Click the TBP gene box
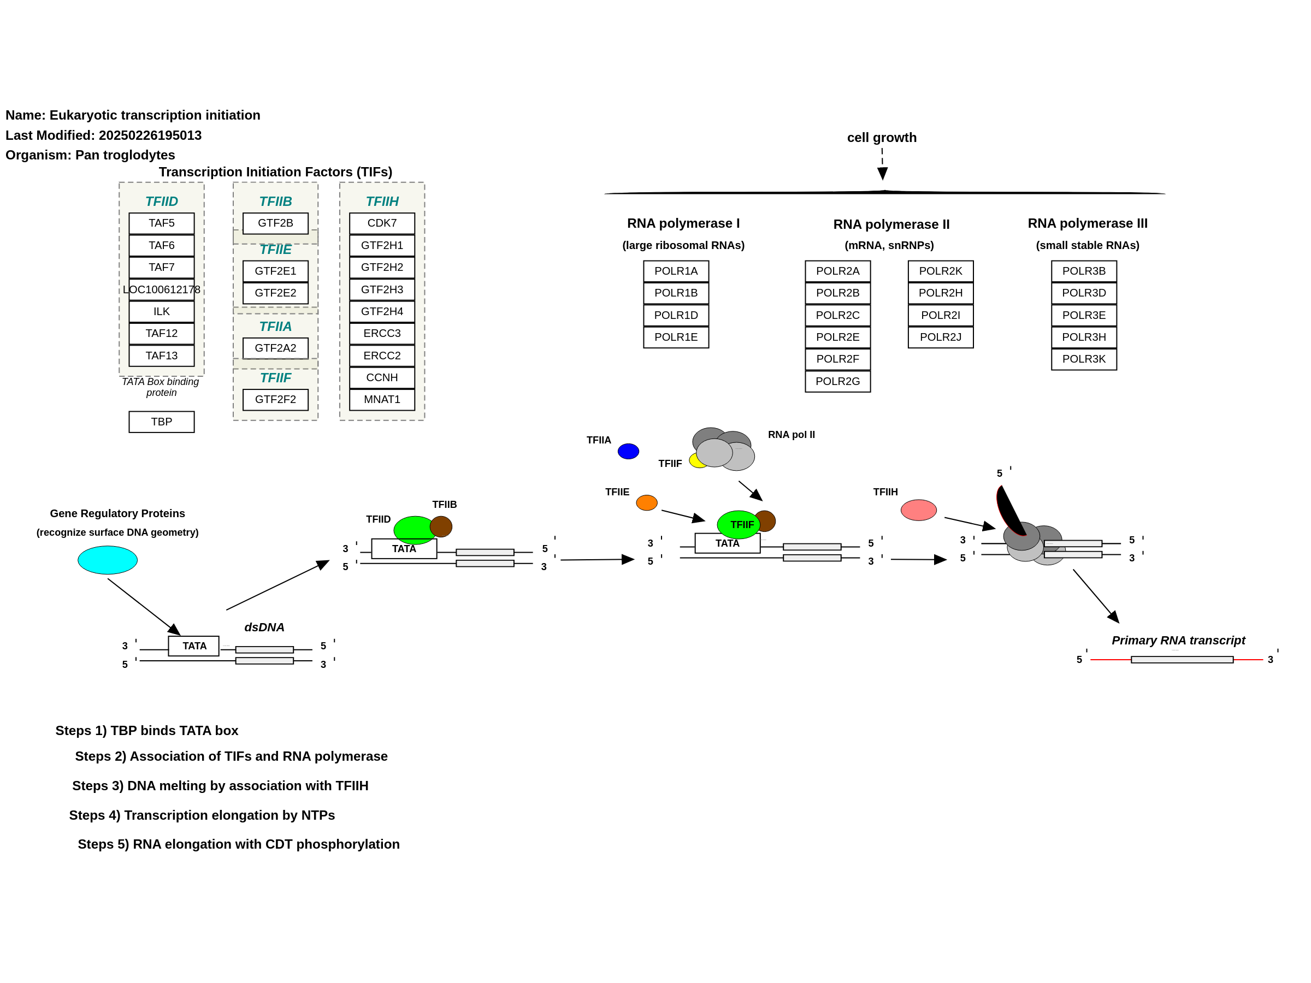(x=161, y=422)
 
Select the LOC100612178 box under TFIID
(x=161, y=289)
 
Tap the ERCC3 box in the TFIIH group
(x=382, y=334)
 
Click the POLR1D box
(x=676, y=315)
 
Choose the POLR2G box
(x=837, y=381)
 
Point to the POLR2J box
(x=941, y=337)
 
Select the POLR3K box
(x=1084, y=359)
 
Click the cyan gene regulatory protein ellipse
(x=107, y=560)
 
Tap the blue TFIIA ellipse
(x=628, y=452)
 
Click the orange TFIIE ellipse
(x=647, y=503)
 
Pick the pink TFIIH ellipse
(x=919, y=510)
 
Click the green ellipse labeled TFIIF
(x=739, y=524)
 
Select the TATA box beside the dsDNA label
(x=194, y=646)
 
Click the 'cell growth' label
(x=882, y=138)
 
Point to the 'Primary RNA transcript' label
(x=1178, y=641)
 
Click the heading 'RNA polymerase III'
(x=1088, y=223)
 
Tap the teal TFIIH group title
(x=382, y=202)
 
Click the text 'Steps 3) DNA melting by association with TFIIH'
(x=221, y=786)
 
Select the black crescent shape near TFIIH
(x=1010, y=511)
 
